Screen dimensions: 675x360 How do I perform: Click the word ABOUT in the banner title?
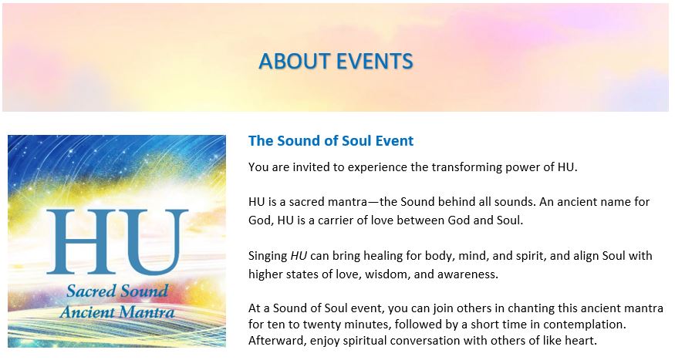(294, 61)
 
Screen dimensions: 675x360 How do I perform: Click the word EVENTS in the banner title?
(375, 61)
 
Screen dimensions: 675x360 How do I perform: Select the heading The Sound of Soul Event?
(331, 140)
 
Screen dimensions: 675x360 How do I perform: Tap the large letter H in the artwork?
(80, 241)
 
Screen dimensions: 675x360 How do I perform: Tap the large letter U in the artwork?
(151, 242)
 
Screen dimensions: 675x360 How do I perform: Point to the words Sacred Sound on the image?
(117, 291)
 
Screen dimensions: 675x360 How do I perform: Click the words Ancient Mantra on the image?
(117, 312)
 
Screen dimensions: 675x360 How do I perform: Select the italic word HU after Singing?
(299, 256)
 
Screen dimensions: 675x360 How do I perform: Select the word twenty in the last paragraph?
(319, 325)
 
